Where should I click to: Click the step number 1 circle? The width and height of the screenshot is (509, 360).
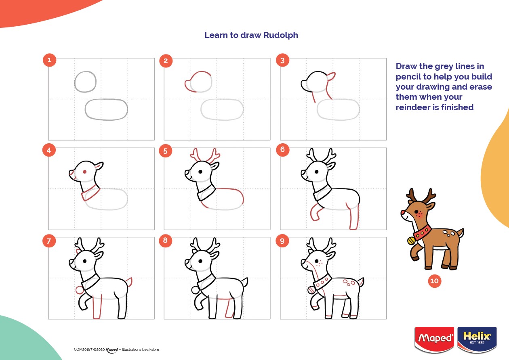click(x=49, y=61)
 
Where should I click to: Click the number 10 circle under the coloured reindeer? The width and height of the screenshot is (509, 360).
click(x=435, y=281)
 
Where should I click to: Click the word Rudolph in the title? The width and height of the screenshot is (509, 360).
click(x=280, y=35)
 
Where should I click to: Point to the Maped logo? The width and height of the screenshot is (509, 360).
click(x=435, y=338)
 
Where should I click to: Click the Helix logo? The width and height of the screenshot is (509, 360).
click(x=477, y=338)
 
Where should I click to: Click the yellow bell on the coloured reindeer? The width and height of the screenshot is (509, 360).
click(x=411, y=241)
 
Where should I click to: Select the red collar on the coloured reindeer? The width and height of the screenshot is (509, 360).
click(x=422, y=233)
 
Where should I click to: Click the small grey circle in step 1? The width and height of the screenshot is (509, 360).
click(x=85, y=82)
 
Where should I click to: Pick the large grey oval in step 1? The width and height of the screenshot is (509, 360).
click(x=106, y=109)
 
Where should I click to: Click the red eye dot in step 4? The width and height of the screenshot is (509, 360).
click(x=84, y=172)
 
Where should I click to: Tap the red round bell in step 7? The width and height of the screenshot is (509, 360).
click(x=79, y=290)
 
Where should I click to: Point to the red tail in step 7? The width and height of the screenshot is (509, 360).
click(x=130, y=282)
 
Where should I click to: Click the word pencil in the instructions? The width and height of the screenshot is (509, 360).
click(x=408, y=77)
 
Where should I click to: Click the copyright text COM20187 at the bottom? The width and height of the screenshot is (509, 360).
click(x=83, y=350)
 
